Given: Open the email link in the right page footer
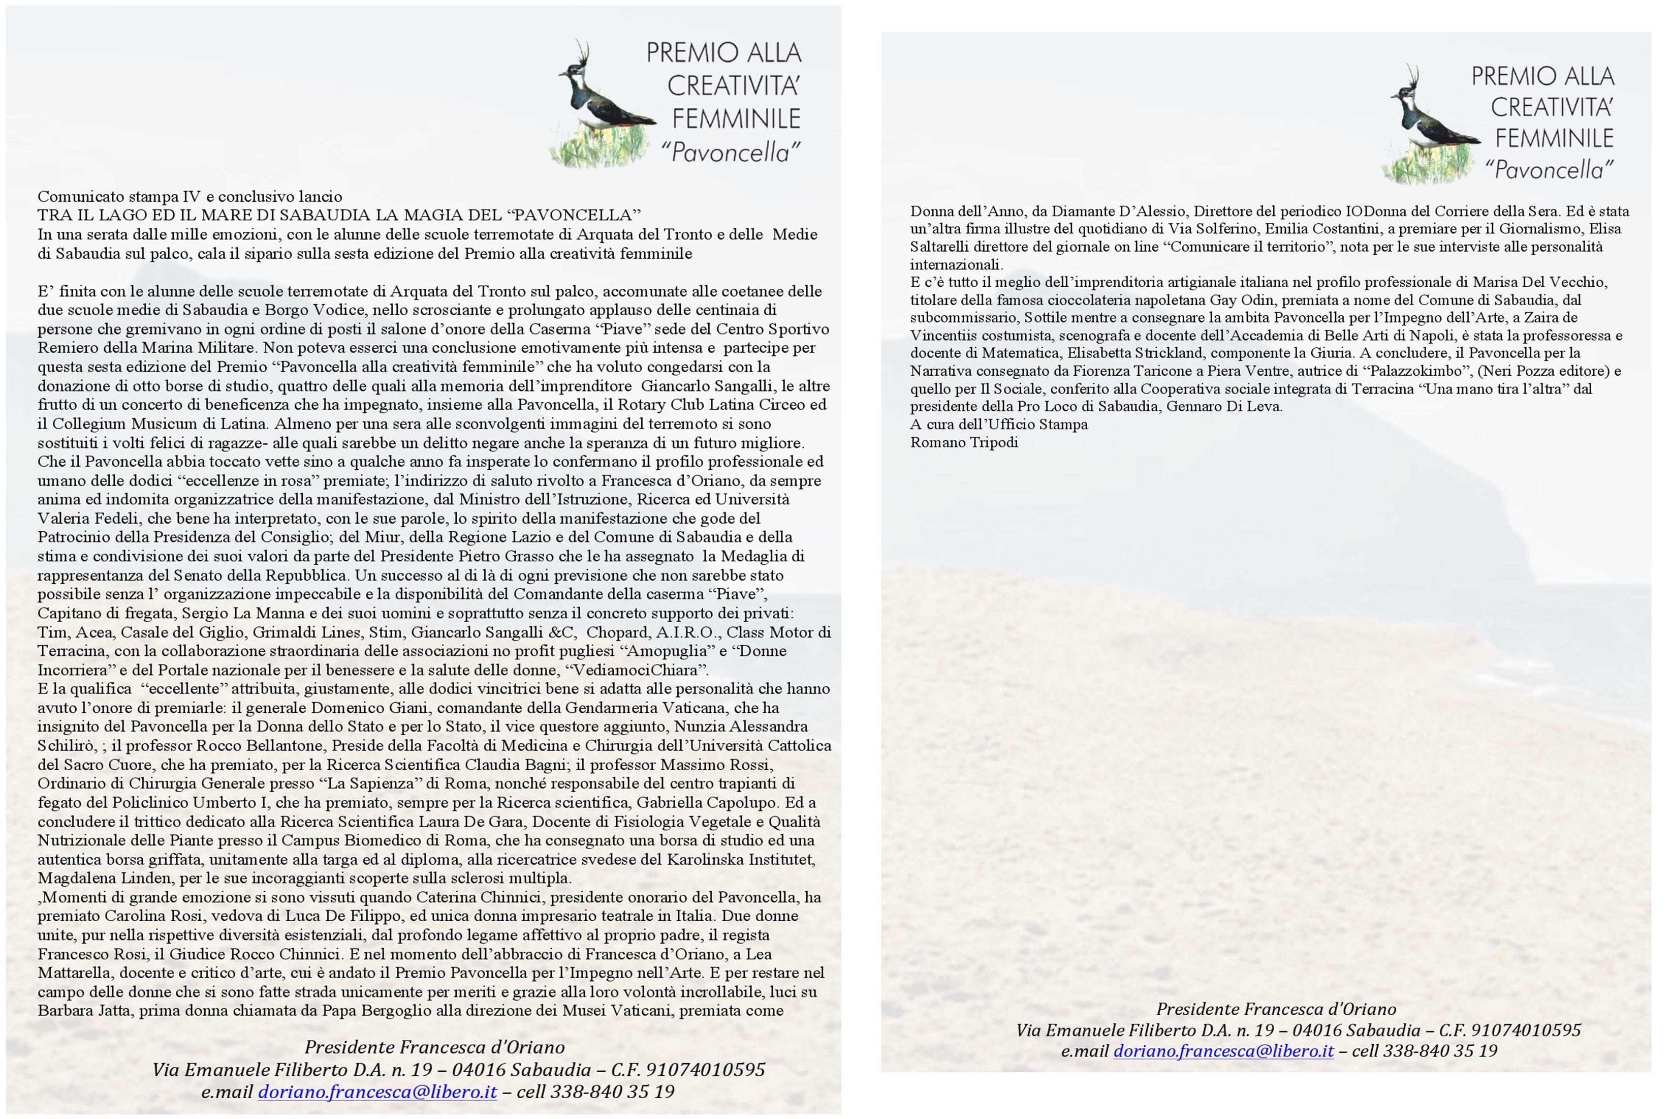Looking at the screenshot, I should tap(1223, 1050).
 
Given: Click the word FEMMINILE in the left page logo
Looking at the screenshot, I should tap(736, 118).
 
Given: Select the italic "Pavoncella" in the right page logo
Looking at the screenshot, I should tap(1549, 170).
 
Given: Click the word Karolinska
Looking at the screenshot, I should tap(705, 859).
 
